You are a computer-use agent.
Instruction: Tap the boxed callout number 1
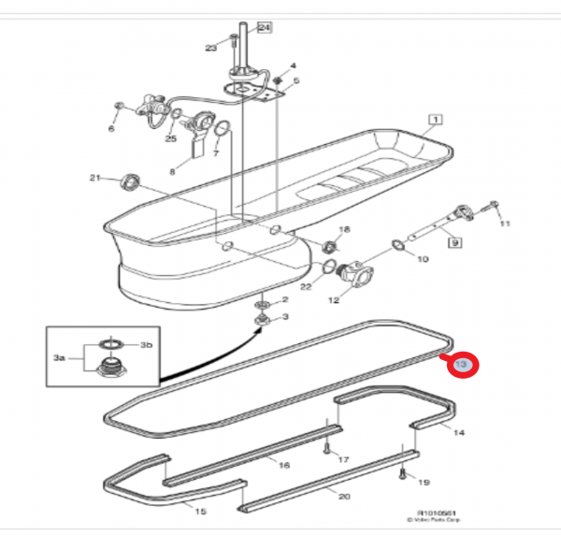(x=435, y=119)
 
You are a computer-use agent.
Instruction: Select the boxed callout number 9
(x=455, y=243)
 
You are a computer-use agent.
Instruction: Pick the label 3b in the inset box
(x=145, y=345)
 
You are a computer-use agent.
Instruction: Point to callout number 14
(x=458, y=432)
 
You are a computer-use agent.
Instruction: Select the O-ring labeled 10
(x=399, y=245)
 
